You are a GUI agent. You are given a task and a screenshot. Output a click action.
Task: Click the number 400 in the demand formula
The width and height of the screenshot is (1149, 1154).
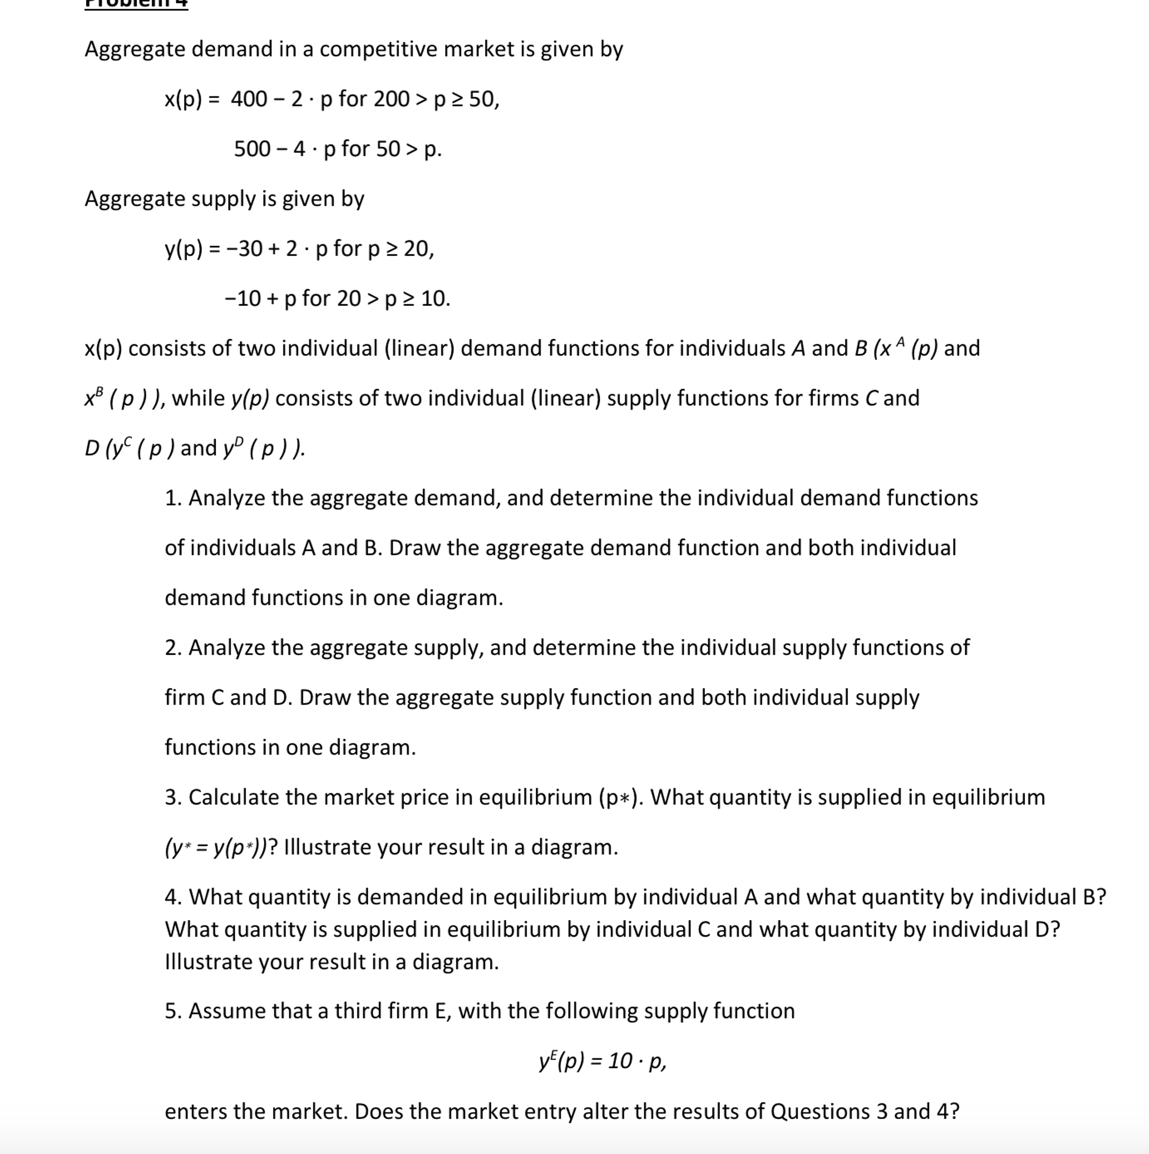pyautogui.click(x=249, y=99)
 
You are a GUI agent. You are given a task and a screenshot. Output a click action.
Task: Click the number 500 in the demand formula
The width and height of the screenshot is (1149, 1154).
pyautogui.click(x=252, y=149)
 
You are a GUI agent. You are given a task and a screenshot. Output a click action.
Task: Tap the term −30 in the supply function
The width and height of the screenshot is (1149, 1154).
pyautogui.click(x=244, y=249)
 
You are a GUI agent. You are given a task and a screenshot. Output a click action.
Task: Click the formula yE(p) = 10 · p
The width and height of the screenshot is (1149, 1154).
pyautogui.click(x=602, y=1061)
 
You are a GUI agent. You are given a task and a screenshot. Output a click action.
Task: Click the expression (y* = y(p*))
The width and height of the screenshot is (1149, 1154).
pyautogui.click(x=216, y=848)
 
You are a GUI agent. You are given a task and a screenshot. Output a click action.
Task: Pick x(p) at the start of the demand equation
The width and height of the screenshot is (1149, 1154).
pyautogui.click(x=183, y=99)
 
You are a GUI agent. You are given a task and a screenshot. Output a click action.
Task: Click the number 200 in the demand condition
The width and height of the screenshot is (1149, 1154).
pyautogui.click(x=391, y=99)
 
